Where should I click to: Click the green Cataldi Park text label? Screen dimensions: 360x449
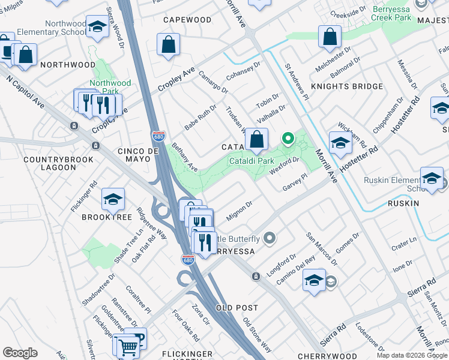point(252,161)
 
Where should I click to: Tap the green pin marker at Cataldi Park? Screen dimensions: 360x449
point(288,139)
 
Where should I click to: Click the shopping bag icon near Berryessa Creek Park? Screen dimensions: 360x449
point(330,37)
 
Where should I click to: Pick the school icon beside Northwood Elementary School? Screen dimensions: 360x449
point(97,26)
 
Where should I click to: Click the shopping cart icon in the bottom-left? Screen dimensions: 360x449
point(127,346)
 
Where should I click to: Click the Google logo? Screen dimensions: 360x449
point(20,353)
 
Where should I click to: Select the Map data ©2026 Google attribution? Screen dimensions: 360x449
point(412,355)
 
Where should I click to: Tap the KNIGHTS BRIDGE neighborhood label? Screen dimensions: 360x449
point(346,86)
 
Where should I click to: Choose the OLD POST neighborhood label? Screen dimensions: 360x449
point(237,307)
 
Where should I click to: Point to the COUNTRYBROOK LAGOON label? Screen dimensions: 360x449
point(50,163)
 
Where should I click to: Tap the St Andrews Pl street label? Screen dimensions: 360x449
point(297,82)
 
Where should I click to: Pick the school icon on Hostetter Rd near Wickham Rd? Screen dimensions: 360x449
point(340,143)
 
